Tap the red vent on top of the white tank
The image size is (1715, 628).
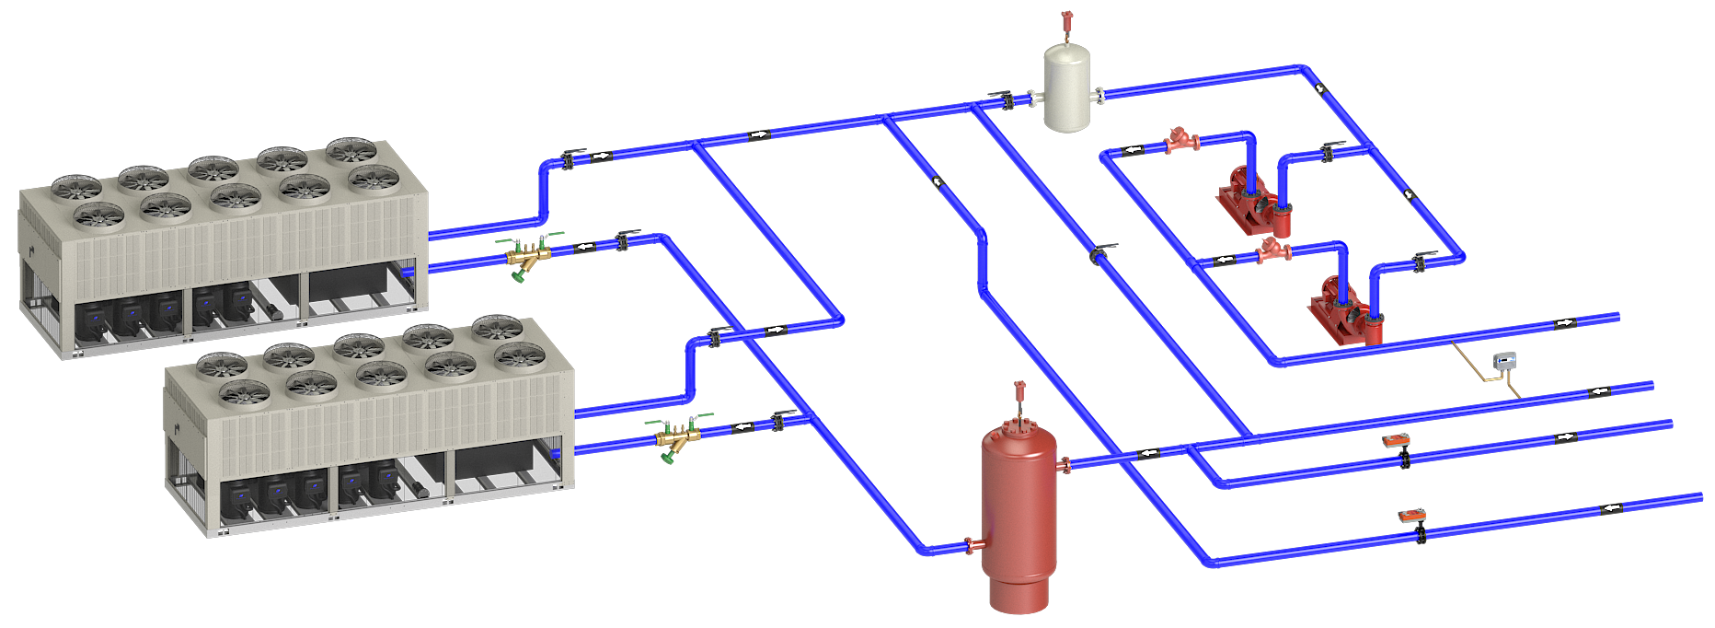click(x=1066, y=21)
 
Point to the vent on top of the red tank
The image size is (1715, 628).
click(x=1019, y=391)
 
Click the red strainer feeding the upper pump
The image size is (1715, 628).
click(x=1180, y=141)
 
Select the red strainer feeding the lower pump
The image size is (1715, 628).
click(x=1273, y=250)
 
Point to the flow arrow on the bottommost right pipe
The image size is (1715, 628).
click(x=1612, y=508)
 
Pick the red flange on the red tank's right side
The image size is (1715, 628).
click(x=1065, y=466)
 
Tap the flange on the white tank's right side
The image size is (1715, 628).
click(x=1099, y=94)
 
